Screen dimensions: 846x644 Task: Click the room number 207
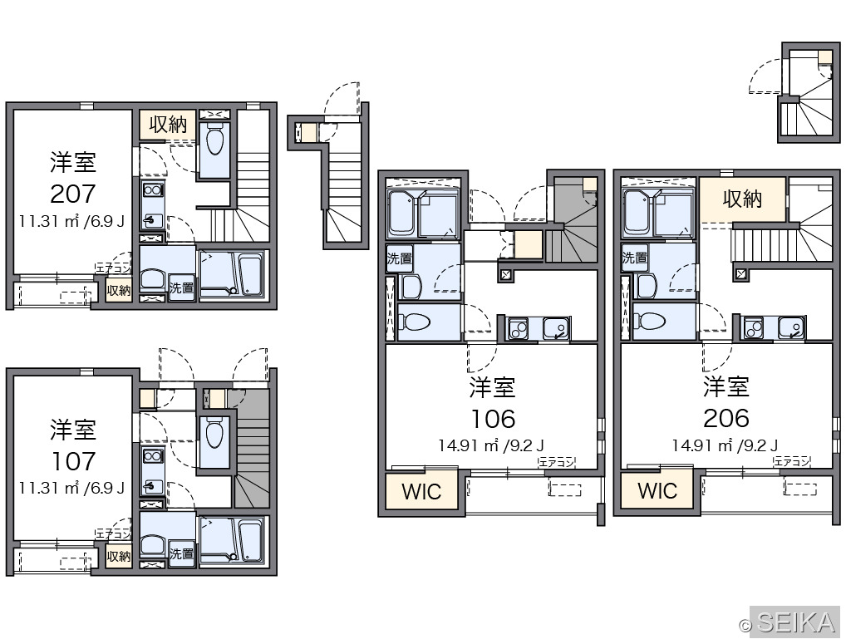tap(73, 194)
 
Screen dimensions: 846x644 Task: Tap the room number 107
tap(73, 461)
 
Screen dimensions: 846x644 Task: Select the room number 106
tap(493, 419)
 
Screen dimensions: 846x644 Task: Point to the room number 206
tap(726, 419)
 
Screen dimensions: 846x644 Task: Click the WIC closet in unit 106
tap(421, 491)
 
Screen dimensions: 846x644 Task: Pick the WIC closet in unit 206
tap(657, 491)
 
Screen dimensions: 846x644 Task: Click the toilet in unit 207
tap(214, 140)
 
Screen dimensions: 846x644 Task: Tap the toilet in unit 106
tap(415, 322)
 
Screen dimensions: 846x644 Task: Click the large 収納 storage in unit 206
tap(742, 199)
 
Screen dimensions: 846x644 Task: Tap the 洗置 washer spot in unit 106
tap(399, 258)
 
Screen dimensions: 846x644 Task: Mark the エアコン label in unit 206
tap(792, 462)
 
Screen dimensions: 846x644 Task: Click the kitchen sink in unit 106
tap(556, 328)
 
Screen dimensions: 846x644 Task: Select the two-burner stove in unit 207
tap(153, 189)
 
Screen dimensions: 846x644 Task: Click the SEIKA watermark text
tap(796, 622)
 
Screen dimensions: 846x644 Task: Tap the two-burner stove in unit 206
tap(753, 327)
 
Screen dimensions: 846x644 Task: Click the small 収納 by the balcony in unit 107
tap(119, 556)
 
